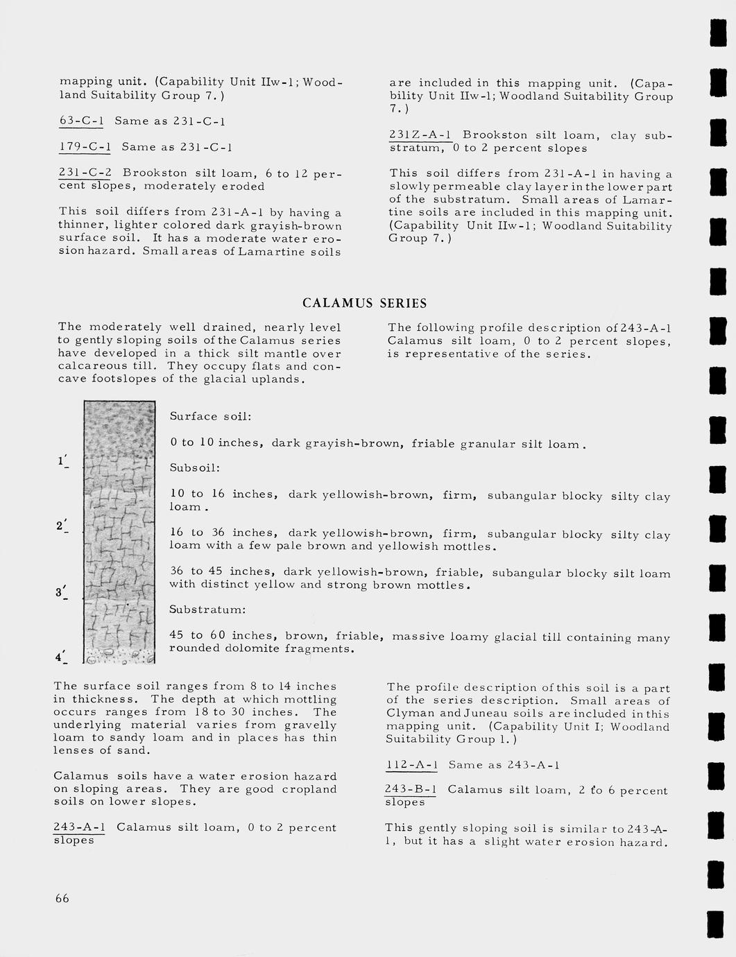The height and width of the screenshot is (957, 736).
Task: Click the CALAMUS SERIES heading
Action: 365,303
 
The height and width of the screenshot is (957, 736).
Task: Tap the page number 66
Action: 62,899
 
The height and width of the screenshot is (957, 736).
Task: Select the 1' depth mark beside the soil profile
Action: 63,461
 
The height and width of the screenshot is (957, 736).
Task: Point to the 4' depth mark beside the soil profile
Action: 62,656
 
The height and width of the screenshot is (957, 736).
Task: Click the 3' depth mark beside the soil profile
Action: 62,593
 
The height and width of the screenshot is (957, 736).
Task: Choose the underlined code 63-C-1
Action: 82,121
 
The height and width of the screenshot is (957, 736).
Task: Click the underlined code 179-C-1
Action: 85,147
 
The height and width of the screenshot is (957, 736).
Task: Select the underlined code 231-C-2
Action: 85,173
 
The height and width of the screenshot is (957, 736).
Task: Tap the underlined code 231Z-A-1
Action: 421,135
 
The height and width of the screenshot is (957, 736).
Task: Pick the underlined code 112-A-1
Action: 412,765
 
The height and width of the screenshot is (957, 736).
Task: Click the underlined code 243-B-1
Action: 411,790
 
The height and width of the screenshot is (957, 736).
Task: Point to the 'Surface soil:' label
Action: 210,417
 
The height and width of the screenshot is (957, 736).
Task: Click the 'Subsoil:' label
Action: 195,468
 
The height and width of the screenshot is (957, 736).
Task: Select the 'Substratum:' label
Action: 207,610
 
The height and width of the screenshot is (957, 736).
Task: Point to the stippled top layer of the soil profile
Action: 119,426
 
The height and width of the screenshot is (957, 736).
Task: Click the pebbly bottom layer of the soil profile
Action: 119,654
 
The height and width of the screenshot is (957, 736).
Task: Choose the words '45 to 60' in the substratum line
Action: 198,636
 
